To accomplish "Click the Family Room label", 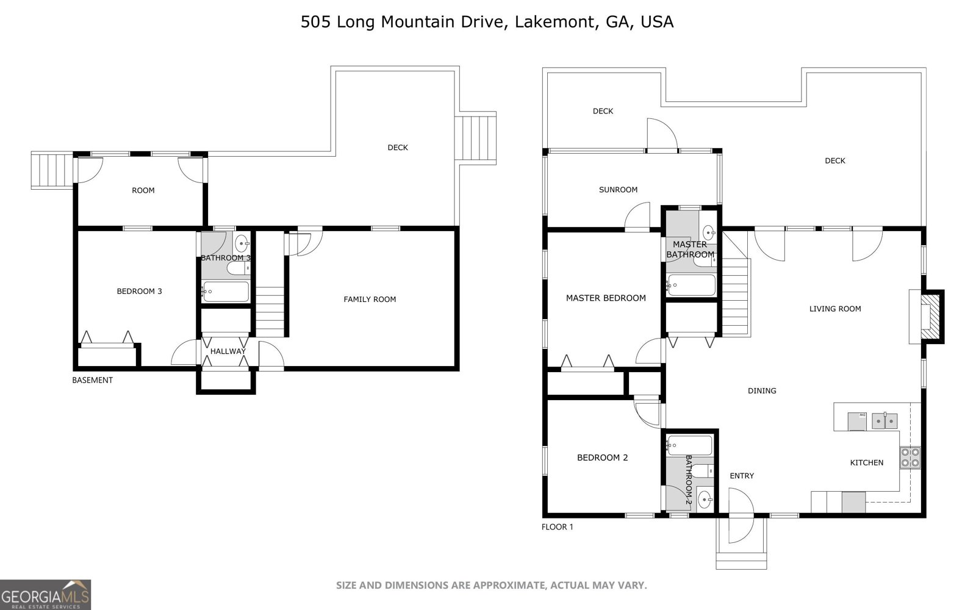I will tap(370, 299).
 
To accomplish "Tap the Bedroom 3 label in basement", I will tap(139, 291).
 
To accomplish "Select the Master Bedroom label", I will tap(605, 298).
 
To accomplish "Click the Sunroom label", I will tap(618, 190).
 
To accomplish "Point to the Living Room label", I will tap(834, 309).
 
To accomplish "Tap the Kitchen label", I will tap(866, 462).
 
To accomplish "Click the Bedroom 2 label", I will tap(602, 457).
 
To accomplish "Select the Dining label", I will tap(761, 390).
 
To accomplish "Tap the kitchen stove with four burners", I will tap(910, 457).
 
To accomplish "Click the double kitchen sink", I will tap(884, 420).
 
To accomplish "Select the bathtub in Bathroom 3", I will tap(226, 292).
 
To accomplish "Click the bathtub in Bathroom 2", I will tap(689, 445).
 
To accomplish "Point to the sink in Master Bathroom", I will tap(708, 232).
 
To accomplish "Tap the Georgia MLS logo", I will tap(46, 594).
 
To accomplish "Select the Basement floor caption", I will tap(92, 380).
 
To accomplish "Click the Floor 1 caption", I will tap(557, 526).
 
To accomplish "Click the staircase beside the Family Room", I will tap(270, 311).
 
